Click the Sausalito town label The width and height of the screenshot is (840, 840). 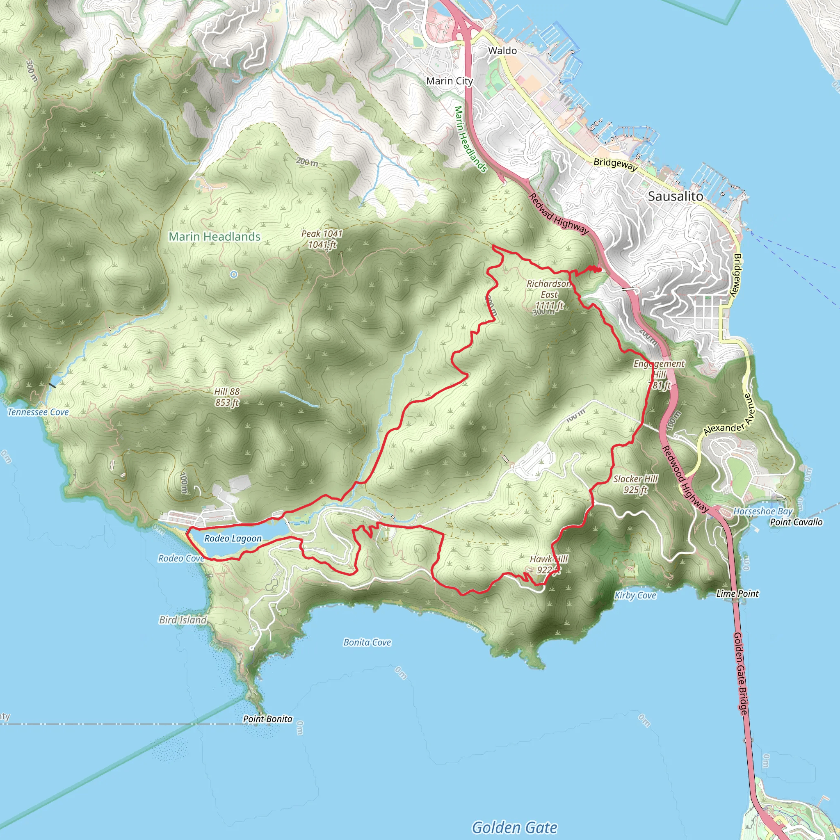click(x=675, y=196)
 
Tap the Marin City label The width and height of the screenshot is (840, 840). click(x=449, y=81)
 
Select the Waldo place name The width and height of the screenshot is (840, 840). click(x=502, y=50)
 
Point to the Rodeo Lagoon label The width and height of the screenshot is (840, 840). click(x=233, y=538)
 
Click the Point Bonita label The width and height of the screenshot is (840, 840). click(x=267, y=719)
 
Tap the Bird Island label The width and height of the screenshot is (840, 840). click(x=183, y=620)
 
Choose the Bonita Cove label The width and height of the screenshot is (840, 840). click(x=367, y=642)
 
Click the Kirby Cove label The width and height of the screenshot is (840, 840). click(x=635, y=595)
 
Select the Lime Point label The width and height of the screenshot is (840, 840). click(x=737, y=593)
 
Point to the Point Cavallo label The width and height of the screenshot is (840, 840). click(x=796, y=522)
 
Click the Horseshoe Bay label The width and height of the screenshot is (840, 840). click(x=762, y=511)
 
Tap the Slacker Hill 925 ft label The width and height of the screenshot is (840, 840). click(x=635, y=484)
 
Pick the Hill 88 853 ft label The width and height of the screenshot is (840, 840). click(x=227, y=397)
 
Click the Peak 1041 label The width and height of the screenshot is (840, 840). click(x=322, y=239)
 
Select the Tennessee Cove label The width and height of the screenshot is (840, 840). click(x=38, y=412)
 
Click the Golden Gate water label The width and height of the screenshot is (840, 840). click(x=514, y=827)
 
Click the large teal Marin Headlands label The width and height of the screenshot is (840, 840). click(x=215, y=237)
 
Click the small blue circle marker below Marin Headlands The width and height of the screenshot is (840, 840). click(x=234, y=274)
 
